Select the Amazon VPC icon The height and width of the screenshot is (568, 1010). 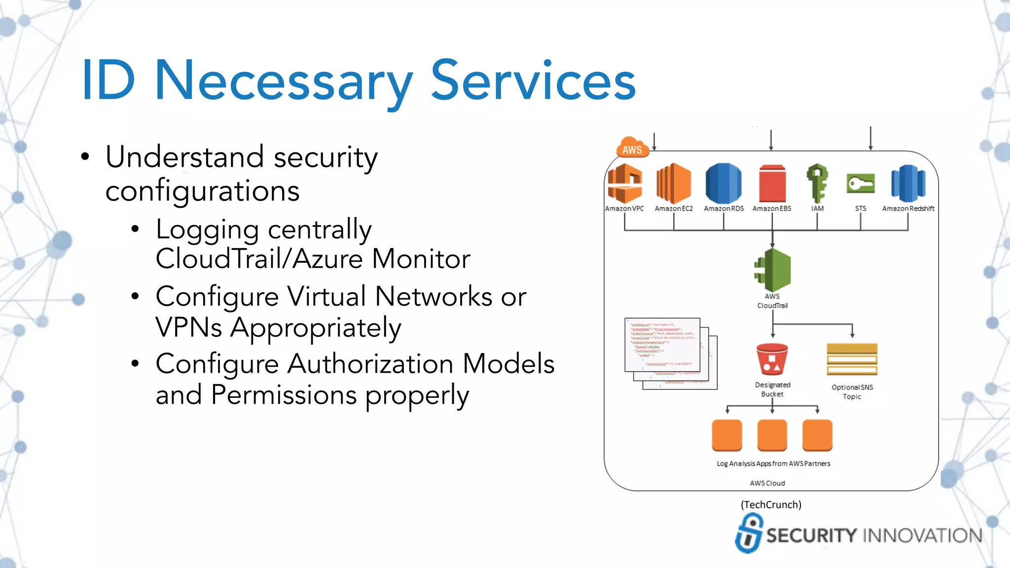point(624,183)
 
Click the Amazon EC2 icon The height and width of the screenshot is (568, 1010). point(674,183)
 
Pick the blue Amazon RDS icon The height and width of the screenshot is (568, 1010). point(723,183)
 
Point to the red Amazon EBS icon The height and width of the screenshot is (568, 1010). point(772,184)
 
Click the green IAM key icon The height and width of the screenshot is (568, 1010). point(817,183)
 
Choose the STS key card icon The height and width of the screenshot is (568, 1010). point(861,184)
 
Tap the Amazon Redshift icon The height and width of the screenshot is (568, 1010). point(908,183)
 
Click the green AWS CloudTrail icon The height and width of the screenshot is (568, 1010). point(773,270)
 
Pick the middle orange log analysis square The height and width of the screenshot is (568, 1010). point(772,435)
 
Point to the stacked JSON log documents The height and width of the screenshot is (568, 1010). point(670,353)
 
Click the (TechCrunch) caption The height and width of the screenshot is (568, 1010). point(771,504)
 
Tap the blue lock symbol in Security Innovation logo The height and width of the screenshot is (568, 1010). point(749,533)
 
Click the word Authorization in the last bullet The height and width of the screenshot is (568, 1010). point(370,364)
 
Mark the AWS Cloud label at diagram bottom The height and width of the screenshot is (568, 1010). point(767,483)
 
